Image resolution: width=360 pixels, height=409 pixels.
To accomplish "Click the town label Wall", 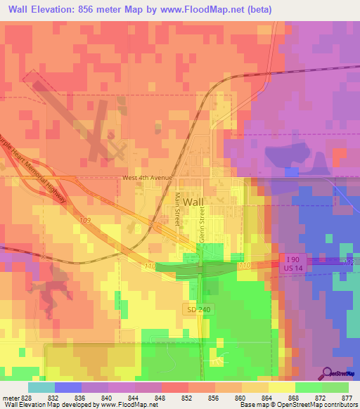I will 193,202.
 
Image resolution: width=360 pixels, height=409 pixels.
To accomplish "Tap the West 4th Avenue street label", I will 147,178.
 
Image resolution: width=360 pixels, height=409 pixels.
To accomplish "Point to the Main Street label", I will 179,208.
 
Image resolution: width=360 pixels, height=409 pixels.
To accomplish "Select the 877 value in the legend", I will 348,398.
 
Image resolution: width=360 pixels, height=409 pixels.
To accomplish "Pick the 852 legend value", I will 188,398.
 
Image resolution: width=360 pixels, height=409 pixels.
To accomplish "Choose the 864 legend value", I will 268,398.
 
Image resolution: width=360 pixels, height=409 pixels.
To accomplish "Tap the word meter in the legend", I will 11,398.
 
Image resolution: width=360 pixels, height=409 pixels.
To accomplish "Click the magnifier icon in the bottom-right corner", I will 328,373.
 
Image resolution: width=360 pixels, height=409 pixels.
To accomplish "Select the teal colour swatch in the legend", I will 41,387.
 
